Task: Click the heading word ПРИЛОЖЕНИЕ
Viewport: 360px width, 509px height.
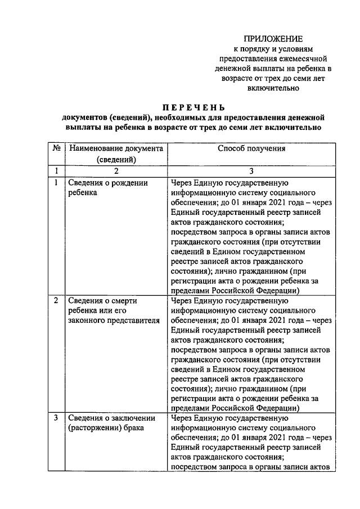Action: [273, 39]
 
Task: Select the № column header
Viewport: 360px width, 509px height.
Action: [56, 149]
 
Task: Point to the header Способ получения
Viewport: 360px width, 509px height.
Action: [251, 149]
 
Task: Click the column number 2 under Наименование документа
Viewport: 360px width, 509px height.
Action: [115, 171]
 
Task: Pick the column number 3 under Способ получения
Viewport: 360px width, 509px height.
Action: [251, 171]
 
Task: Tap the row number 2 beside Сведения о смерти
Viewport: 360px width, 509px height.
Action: [56, 300]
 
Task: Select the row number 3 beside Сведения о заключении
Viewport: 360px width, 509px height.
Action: [56, 418]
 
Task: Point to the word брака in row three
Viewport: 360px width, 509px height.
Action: [132, 428]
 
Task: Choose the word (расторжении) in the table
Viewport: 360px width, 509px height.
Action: [93, 428]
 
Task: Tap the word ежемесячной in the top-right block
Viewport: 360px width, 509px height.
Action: [303, 59]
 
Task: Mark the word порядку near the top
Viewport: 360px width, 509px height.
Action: [258, 49]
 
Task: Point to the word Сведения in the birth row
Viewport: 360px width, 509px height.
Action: [84, 182]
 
